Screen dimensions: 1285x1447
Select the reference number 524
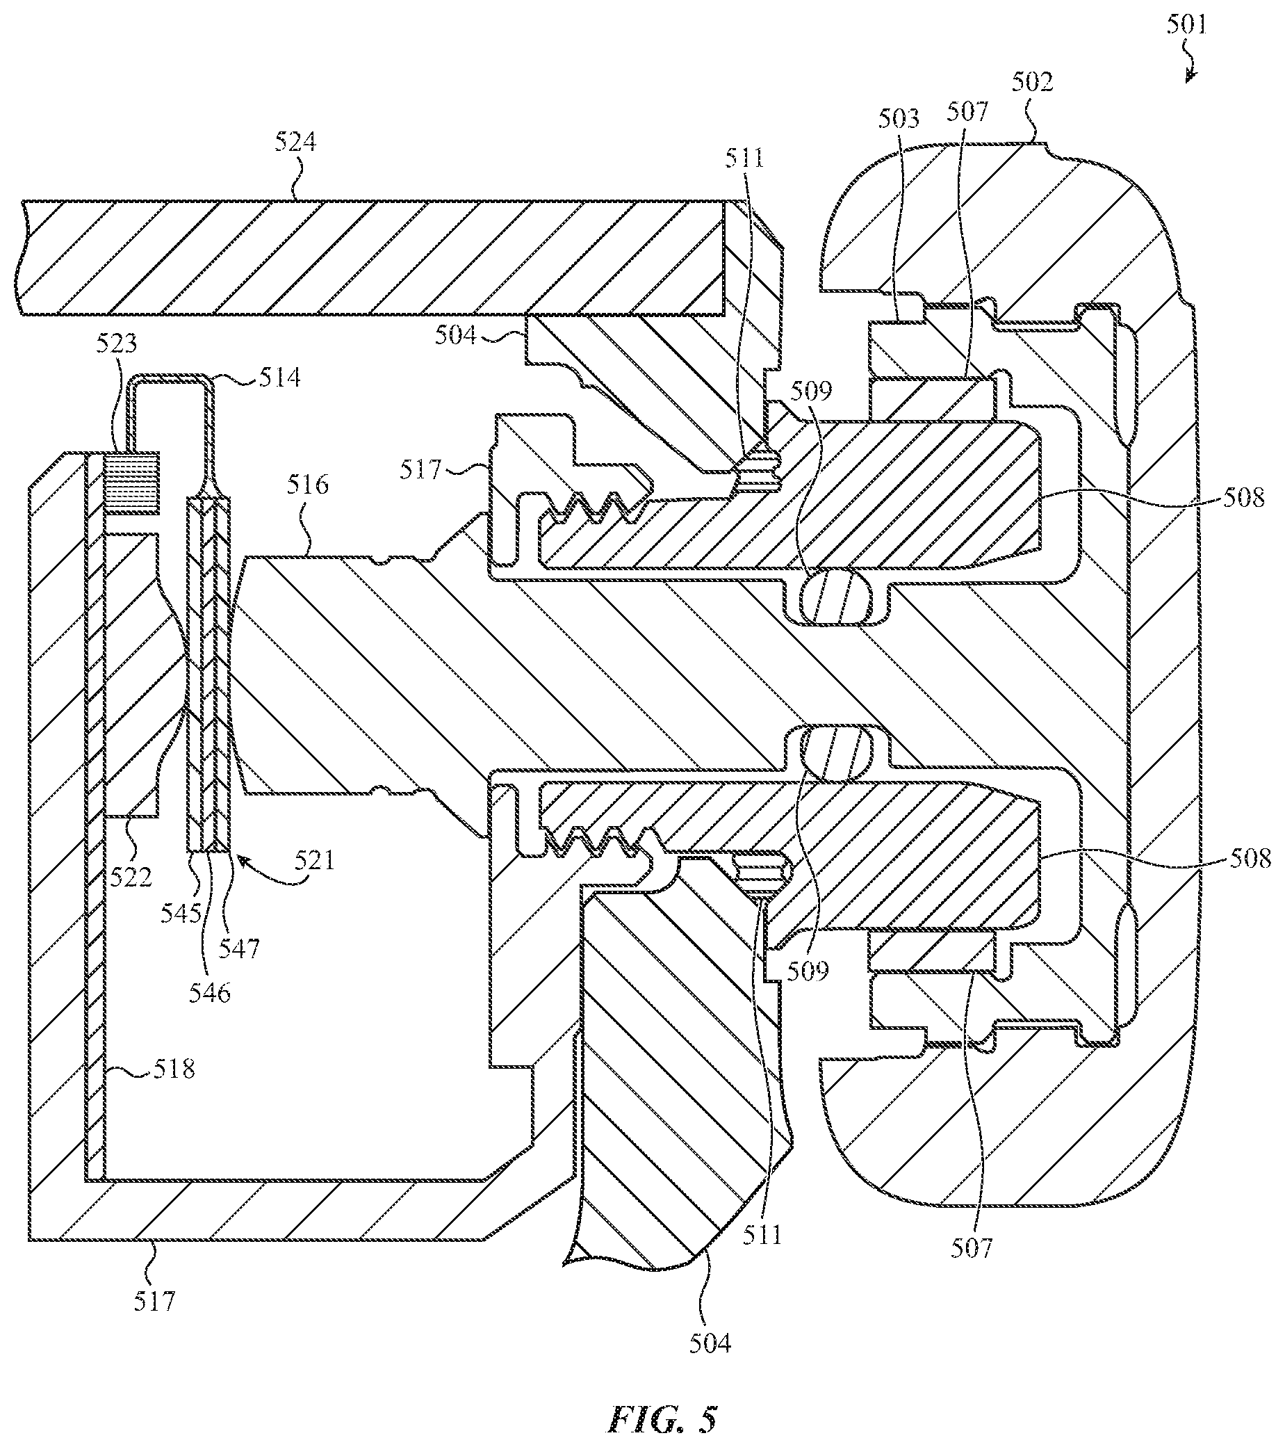pos(295,143)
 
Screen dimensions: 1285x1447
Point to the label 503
pos(899,119)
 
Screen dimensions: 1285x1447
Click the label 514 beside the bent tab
pos(280,378)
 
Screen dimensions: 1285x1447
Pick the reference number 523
pos(117,344)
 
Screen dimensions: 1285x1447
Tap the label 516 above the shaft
pos(308,485)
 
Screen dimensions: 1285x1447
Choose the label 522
pos(131,877)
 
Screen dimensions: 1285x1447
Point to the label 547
pos(239,948)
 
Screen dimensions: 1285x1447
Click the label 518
pos(173,1068)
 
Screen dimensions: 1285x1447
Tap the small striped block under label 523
pos(131,483)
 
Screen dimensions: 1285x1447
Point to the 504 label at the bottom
pos(710,1343)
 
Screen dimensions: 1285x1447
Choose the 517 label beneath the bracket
pos(154,1301)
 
